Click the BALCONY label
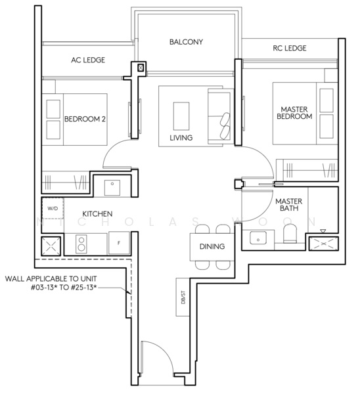click(x=186, y=42)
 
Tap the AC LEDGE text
click(x=88, y=60)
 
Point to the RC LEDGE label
click(x=290, y=48)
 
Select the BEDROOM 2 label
click(x=85, y=119)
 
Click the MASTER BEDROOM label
click(x=294, y=113)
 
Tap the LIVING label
click(x=181, y=138)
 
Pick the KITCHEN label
click(x=97, y=214)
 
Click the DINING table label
click(x=212, y=246)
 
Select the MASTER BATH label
click(x=289, y=204)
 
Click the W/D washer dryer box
click(x=53, y=208)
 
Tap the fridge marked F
click(x=119, y=243)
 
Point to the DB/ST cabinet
click(x=183, y=297)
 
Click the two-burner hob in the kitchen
click(x=81, y=244)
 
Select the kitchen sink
click(x=112, y=187)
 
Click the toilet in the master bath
click(x=290, y=233)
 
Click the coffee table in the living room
click(x=181, y=116)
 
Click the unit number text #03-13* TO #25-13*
click(x=64, y=287)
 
